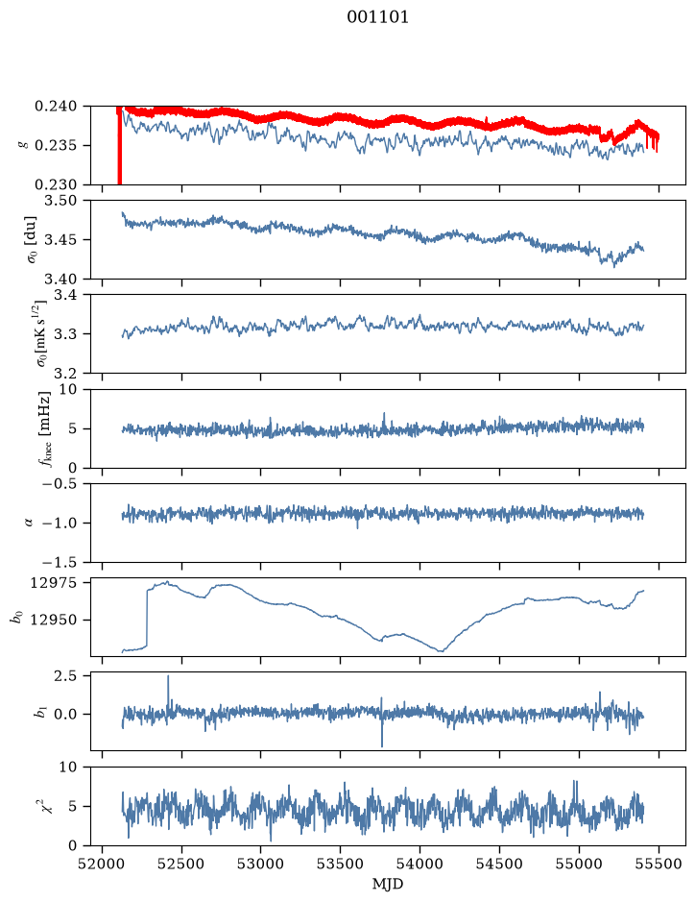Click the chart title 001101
coord(377,17)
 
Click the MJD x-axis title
coord(388,884)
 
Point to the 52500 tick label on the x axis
coord(181,864)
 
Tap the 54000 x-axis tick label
coord(419,864)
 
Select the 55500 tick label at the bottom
coord(659,864)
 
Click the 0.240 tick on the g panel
coord(55,107)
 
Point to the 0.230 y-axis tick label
coord(55,184)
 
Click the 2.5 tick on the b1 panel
coord(65,676)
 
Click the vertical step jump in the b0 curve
coord(147,618)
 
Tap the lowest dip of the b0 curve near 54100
coord(441,650)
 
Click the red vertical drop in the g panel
coord(119,147)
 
